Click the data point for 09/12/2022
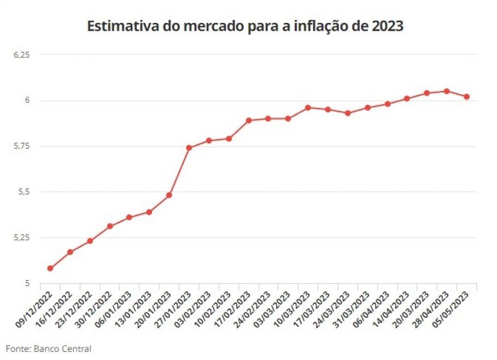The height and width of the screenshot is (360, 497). tap(50, 269)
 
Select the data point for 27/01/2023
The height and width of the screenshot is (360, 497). tap(189, 148)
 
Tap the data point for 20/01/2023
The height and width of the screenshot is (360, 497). tap(169, 195)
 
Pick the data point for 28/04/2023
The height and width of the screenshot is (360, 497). tap(447, 91)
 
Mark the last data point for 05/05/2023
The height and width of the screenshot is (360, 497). tap(467, 97)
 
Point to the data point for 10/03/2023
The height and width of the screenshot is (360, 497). tap(308, 108)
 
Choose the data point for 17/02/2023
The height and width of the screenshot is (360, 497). tap(249, 120)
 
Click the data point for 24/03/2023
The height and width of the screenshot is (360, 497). tap(348, 113)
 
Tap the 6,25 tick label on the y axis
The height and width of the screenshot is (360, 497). tap(21, 55)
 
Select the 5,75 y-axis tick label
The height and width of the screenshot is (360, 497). tap(21, 146)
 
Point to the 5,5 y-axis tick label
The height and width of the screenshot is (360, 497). tap(24, 192)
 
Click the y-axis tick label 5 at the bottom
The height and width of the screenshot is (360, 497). tap(27, 283)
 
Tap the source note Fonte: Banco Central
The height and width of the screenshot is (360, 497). tap(49, 349)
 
